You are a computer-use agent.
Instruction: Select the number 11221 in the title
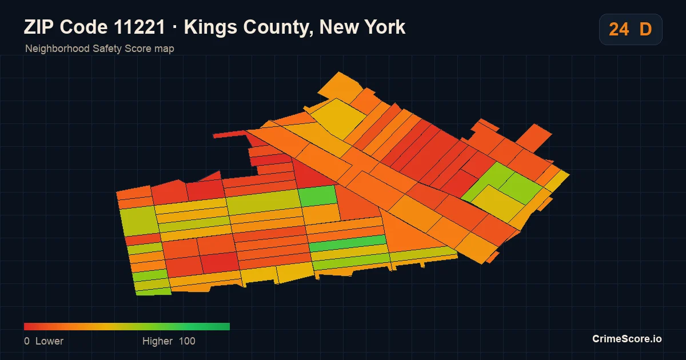point(139,27)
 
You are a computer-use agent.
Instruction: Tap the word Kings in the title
point(210,28)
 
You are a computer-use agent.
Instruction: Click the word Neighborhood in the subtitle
point(57,49)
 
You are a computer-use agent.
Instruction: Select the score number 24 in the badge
point(619,29)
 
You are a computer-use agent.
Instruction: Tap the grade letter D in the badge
point(645,29)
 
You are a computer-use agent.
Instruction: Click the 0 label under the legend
point(27,341)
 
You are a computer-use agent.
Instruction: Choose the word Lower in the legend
point(49,341)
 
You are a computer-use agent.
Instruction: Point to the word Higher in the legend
point(157,341)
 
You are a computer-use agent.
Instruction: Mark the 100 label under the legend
point(187,341)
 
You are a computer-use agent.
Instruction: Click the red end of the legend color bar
point(25,326)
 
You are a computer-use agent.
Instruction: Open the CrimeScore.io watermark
point(627,339)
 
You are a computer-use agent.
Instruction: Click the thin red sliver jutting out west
point(230,134)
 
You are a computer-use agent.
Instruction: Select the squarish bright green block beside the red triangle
point(318,195)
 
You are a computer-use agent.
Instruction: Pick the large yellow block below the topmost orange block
point(338,118)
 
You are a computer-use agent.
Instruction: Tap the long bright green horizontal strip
point(348,243)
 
